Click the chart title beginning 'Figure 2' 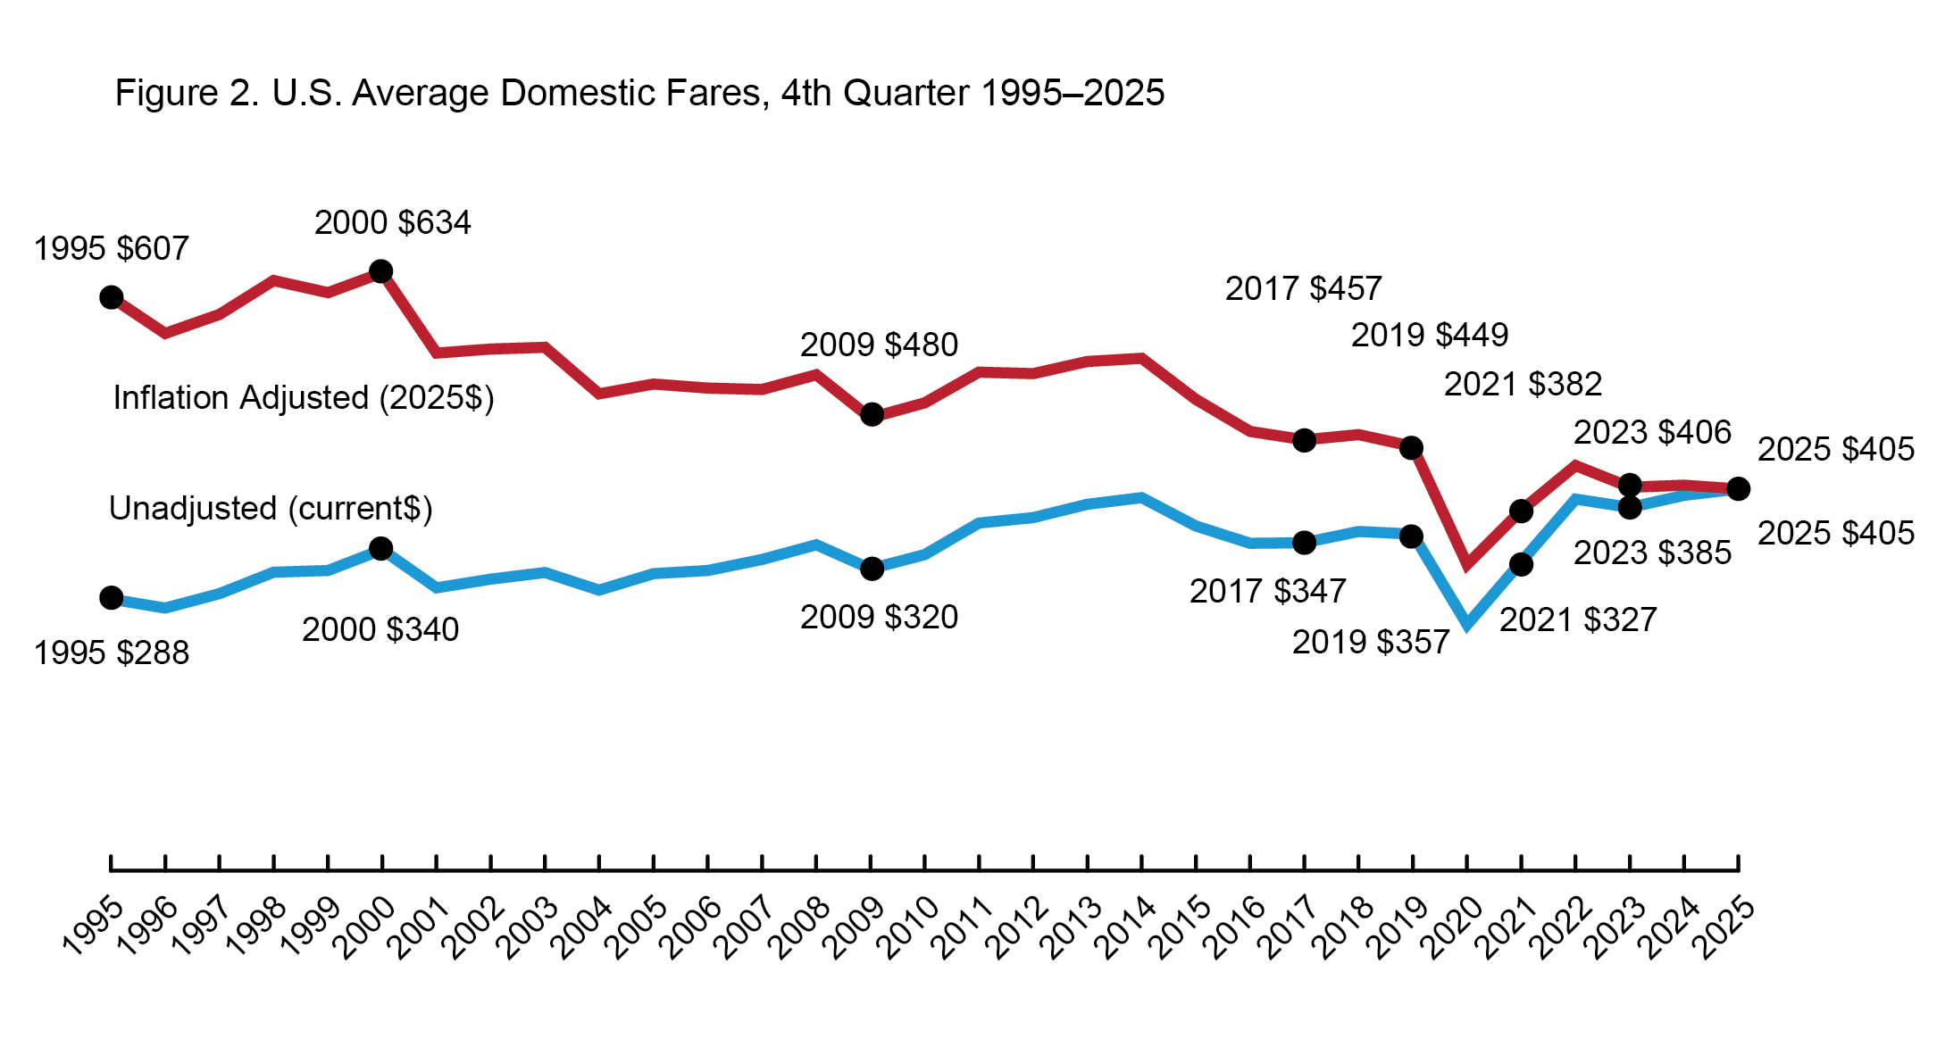coord(639,93)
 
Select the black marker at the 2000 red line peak coord(380,271)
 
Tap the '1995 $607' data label coord(112,248)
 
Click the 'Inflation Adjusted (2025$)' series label coord(304,397)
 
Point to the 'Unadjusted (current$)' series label coord(271,508)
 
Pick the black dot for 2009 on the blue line coord(872,569)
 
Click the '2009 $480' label coord(879,345)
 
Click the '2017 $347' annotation coord(1267,591)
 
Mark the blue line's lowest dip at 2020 coord(1466,623)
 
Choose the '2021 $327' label coord(1578,619)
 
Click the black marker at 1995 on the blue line coord(112,598)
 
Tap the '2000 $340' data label coord(380,629)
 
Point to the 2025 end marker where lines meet coord(1738,489)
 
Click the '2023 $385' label coord(1652,553)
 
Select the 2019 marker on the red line coord(1411,448)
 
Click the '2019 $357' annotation coord(1370,642)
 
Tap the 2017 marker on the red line coord(1304,440)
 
